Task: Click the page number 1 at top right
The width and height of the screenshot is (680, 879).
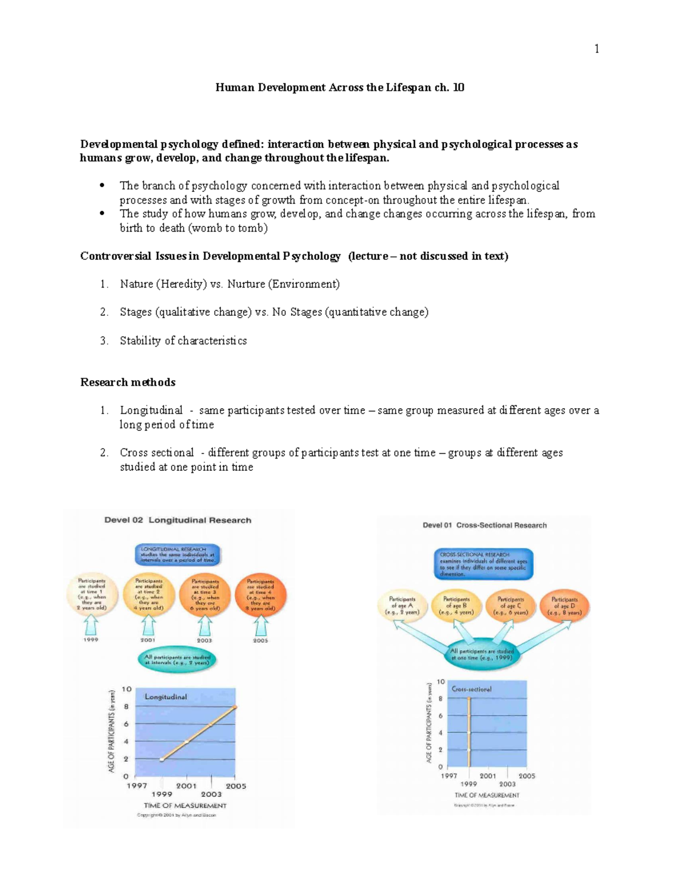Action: point(596,49)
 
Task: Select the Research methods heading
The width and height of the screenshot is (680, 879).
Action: point(127,382)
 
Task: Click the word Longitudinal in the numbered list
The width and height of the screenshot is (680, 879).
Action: point(151,410)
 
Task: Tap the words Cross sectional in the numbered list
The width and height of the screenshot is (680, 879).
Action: point(156,453)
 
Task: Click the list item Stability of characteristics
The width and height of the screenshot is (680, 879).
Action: point(183,341)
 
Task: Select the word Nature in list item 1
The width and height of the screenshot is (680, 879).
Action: point(137,284)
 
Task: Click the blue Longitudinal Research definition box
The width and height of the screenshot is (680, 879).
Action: point(177,555)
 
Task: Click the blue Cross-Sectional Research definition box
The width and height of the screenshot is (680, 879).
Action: point(483,564)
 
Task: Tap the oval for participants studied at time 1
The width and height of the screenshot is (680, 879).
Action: point(91,595)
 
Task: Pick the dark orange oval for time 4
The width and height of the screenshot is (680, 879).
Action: point(261,595)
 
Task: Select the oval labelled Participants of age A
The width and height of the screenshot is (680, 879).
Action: point(402,606)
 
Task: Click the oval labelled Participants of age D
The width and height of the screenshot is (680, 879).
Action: point(564,606)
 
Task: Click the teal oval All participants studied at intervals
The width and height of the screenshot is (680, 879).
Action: point(177,660)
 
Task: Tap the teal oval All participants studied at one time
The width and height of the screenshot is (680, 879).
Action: point(482,655)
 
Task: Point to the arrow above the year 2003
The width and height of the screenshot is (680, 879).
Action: point(204,626)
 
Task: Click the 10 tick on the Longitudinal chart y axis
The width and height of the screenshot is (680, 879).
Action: point(126,689)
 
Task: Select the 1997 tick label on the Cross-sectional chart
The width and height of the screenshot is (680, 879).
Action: point(449,775)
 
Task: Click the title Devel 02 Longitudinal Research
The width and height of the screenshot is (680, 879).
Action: point(177,520)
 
